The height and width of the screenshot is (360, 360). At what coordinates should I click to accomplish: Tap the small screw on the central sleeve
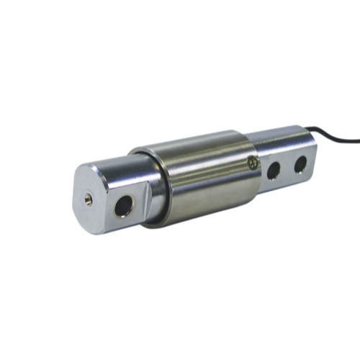pos(251,164)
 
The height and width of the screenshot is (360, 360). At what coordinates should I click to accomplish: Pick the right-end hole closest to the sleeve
pos(274,171)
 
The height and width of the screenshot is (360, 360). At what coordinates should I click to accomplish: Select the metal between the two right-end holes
pos(287,169)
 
